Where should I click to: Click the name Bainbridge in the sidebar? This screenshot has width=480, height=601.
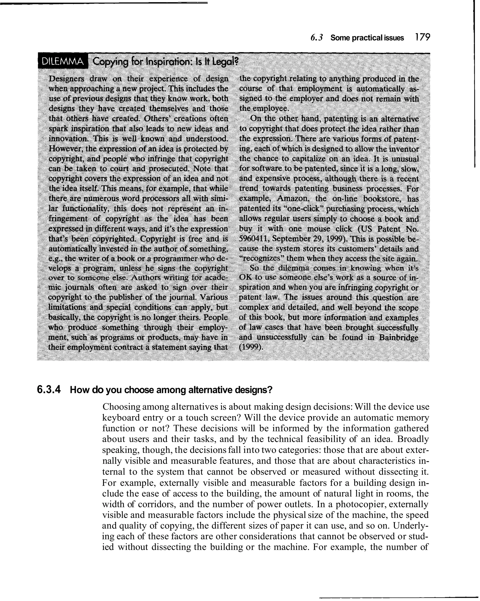click(x=399, y=338)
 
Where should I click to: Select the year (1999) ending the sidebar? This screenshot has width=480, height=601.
click(x=251, y=348)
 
